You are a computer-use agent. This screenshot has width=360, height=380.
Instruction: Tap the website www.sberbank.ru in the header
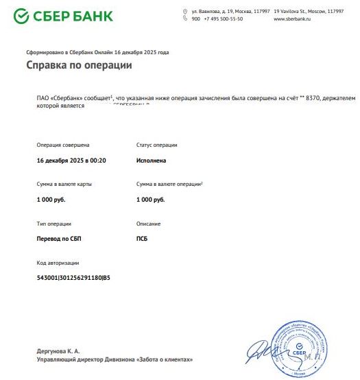coord(292,19)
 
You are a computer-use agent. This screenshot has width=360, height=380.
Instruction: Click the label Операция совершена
coord(62,145)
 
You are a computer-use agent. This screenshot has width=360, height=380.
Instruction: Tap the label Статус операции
coord(156,145)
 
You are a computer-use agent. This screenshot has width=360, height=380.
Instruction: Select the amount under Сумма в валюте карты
coord(50,200)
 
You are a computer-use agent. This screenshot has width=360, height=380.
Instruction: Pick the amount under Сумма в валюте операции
coord(150,200)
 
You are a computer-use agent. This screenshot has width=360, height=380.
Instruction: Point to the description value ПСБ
coord(142,239)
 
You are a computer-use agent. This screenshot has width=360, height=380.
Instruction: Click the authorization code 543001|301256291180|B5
coord(73,278)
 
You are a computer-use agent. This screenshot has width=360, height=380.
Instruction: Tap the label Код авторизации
coord(58,263)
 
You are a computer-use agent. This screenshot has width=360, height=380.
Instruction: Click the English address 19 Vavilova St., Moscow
coord(308,12)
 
